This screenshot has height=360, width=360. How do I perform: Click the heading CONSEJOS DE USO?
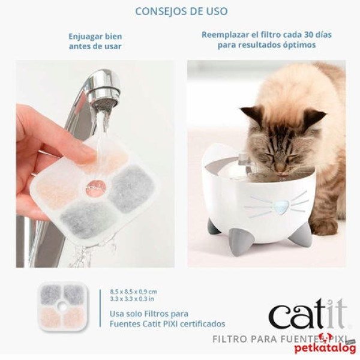click(x=181, y=11)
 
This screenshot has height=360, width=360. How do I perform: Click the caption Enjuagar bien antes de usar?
click(x=95, y=41)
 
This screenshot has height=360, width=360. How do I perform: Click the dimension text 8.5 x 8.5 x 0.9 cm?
click(x=133, y=291)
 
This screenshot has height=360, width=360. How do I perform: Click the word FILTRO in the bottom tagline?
click(x=230, y=338)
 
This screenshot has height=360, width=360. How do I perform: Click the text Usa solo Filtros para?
click(x=149, y=313)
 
